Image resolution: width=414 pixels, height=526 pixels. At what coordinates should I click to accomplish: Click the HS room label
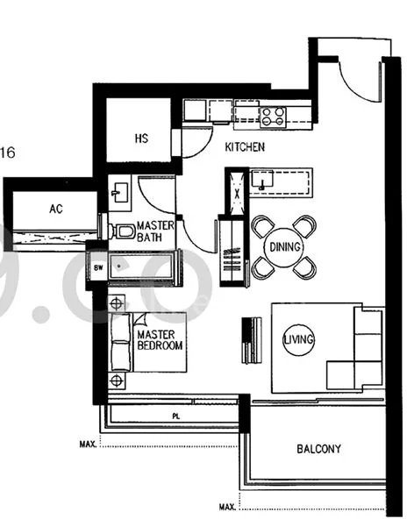coord(141,139)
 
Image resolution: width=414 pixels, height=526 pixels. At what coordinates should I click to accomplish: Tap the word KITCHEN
coord(245,147)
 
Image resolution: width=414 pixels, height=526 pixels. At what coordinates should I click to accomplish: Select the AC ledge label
coord(56,209)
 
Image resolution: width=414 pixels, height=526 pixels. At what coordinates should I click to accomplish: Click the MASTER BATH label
coord(155,231)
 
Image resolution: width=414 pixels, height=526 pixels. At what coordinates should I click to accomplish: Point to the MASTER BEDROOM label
coord(160,340)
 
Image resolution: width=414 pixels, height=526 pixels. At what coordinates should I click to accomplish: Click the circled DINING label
coord(285,247)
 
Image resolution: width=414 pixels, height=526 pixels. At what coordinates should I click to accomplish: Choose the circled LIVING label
coord(298,339)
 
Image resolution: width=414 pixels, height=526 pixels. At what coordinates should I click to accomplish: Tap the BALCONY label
coord(318,449)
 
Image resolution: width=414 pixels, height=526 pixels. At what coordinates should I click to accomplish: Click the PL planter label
coord(176,416)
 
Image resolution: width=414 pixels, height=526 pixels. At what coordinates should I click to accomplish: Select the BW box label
coord(98,267)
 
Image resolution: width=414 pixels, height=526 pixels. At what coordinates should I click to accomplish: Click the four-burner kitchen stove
coord(273,117)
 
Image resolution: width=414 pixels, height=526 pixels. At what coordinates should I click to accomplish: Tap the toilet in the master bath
coord(122,231)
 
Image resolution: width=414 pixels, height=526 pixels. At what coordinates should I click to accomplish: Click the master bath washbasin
coord(119,193)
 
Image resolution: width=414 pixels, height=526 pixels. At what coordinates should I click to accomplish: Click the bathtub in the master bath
coord(141,267)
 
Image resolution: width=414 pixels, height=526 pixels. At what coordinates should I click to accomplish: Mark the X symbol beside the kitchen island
coord(237,193)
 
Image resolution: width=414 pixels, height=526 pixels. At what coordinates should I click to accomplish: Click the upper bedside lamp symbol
coord(116,304)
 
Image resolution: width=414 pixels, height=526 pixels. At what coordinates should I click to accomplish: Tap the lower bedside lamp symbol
coord(116,380)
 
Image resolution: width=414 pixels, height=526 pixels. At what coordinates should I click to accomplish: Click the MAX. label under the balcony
coord(227,507)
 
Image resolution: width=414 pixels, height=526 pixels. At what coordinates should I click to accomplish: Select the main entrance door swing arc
coord(357,88)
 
